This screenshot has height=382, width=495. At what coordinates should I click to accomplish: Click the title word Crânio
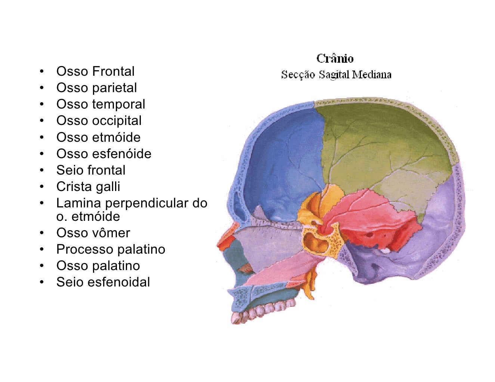click(x=335, y=59)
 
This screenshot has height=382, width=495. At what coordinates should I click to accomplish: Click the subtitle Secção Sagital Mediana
click(x=336, y=75)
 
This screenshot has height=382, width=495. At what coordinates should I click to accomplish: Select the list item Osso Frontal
click(x=95, y=71)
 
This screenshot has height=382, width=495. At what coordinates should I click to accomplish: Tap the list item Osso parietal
click(x=96, y=88)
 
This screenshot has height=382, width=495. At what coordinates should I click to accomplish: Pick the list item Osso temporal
click(x=100, y=104)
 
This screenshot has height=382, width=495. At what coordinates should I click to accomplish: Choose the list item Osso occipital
click(x=99, y=120)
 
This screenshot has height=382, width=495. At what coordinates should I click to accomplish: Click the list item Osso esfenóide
click(x=103, y=153)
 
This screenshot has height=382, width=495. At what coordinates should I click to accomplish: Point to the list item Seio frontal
click(x=91, y=170)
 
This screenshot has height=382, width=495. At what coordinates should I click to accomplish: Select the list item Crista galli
click(x=88, y=187)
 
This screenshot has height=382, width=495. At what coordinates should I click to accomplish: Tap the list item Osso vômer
click(x=93, y=233)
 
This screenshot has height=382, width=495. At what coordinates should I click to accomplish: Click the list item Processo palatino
click(x=111, y=249)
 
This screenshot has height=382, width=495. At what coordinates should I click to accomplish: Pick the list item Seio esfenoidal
click(x=103, y=282)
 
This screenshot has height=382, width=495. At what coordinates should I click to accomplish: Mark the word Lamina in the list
click(x=79, y=203)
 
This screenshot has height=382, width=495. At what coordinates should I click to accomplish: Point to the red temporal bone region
click(x=374, y=220)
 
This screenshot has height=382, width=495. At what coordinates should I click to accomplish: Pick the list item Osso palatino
click(x=98, y=266)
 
